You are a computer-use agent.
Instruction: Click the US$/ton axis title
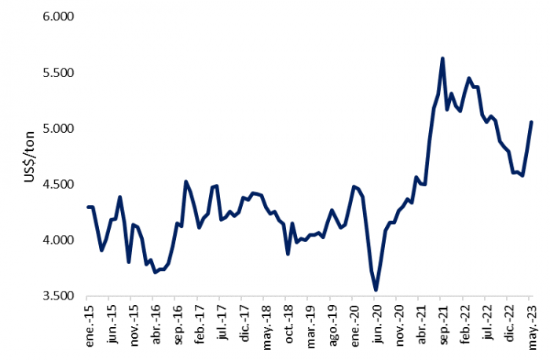pyautogui.click(x=29, y=156)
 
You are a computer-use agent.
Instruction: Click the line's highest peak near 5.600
pyautogui.click(x=442, y=58)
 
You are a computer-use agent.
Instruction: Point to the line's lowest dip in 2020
pyautogui.click(x=376, y=289)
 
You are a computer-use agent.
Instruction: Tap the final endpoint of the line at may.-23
pyautogui.click(x=531, y=122)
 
